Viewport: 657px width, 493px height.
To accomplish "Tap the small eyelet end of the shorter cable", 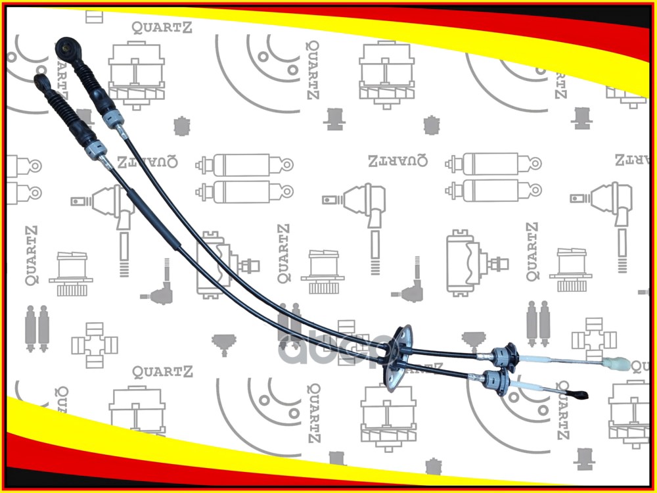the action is (x=41, y=82).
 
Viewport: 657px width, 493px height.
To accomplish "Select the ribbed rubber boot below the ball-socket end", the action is (x=88, y=80).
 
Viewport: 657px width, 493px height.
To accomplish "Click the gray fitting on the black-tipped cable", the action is (x=494, y=380).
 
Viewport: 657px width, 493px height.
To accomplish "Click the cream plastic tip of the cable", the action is (x=618, y=364).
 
